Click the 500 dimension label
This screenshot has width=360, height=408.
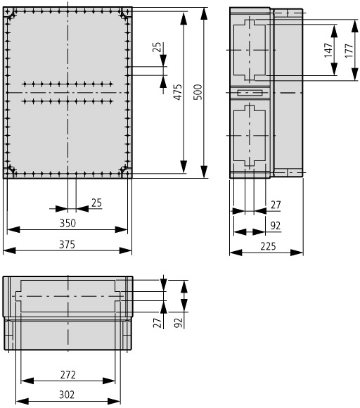click(x=198, y=92)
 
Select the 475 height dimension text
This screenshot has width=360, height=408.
click(x=178, y=92)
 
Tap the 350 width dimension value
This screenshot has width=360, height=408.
click(x=67, y=223)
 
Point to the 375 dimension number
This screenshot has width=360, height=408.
click(x=67, y=245)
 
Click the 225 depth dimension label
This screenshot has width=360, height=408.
click(x=268, y=246)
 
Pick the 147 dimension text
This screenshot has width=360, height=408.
click(x=328, y=50)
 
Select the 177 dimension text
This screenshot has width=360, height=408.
click(x=349, y=51)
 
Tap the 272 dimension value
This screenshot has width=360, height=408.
click(x=68, y=375)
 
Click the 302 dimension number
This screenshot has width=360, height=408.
click(x=67, y=395)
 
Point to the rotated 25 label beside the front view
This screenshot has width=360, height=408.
click(x=157, y=47)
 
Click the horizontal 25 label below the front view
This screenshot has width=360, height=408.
click(x=96, y=203)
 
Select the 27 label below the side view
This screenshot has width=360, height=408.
click(x=276, y=205)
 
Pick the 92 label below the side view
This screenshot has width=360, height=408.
click(x=276, y=226)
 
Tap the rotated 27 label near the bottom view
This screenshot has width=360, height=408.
click(x=157, y=323)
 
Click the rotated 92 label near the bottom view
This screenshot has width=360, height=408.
click(x=178, y=323)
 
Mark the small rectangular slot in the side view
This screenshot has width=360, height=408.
click(x=250, y=93)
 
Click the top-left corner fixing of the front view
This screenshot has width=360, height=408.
click(x=10, y=13)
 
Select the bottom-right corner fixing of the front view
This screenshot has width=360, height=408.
click(x=125, y=171)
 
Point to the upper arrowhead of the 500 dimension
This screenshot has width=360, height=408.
click(x=204, y=14)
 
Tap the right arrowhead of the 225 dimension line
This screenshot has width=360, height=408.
click(x=297, y=252)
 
